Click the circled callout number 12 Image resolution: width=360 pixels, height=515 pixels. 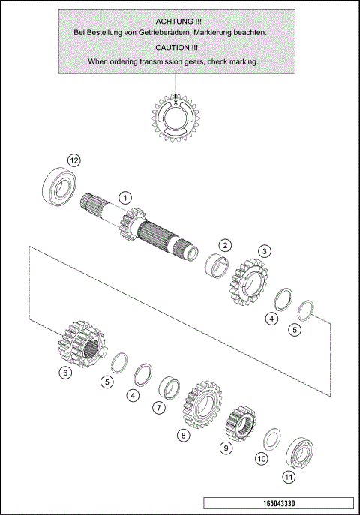(x=73, y=160)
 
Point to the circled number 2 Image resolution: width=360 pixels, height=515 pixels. (x=225, y=245)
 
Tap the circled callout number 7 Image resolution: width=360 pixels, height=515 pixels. (x=158, y=408)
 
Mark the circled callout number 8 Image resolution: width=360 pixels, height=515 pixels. (x=182, y=435)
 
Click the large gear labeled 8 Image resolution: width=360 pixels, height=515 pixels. (x=199, y=404)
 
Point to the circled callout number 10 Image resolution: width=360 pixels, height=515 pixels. (x=261, y=457)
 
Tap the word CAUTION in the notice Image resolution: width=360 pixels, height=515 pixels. (x=174, y=47)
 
